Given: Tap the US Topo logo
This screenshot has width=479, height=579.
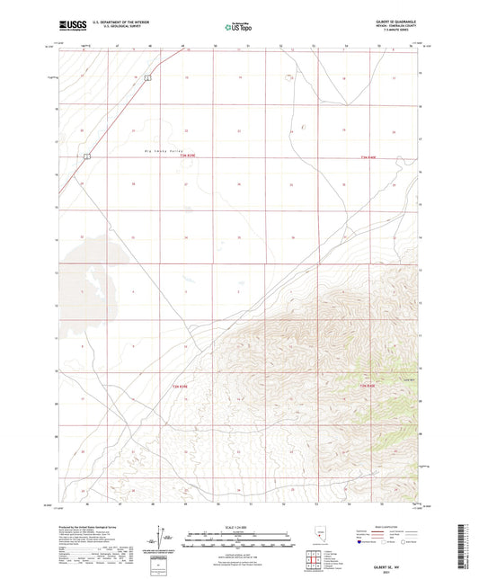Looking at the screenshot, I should point(228,29).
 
